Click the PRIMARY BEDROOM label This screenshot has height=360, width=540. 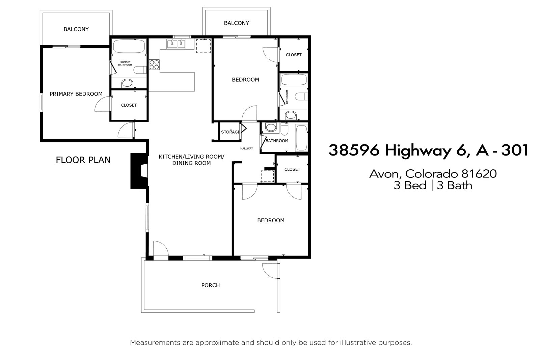click(x=76, y=94)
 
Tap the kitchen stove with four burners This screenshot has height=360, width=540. click(x=154, y=65)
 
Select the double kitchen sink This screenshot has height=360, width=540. click(x=176, y=44)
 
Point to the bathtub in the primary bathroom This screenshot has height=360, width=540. click(x=129, y=46)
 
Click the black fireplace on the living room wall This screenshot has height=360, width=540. click(x=139, y=171)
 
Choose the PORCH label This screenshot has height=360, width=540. click(x=211, y=285)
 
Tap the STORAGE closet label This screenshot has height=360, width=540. click(x=230, y=132)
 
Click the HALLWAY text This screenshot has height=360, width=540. click(x=246, y=148)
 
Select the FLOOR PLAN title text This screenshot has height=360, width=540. click(x=83, y=160)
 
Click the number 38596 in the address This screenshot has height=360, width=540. click(x=354, y=150)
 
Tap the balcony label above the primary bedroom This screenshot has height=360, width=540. click(x=76, y=29)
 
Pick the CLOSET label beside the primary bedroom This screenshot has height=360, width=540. click(x=129, y=105)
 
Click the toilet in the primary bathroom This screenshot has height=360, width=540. click(x=140, y=70)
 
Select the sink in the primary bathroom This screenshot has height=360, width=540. click(x=127, y=84)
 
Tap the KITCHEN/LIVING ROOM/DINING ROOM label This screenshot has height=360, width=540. click(x=191, y=160)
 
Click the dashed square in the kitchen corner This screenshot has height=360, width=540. click(x=203, y=46)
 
